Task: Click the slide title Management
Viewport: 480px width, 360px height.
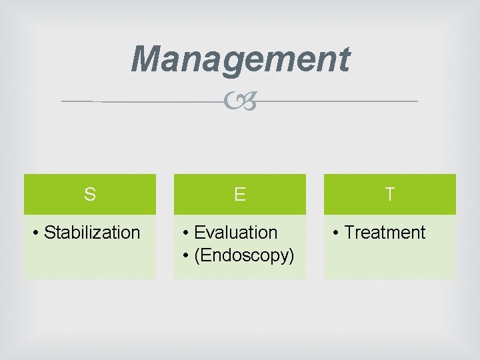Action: click(240, 59)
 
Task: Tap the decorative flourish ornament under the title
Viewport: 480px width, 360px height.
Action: click(240, 102)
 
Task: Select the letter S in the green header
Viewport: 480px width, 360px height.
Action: click(90, 195)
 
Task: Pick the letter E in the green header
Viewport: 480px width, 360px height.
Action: click(240, 195)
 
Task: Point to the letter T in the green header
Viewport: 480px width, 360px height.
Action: click(390, 195)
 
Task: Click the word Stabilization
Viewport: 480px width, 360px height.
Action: click(92, 233)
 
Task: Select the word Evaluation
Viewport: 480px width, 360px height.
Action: click(235, 233)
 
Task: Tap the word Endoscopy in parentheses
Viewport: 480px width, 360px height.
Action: click(243, 255)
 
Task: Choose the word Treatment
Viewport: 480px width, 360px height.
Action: click(385, 233)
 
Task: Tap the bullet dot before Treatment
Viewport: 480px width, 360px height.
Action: click(336, 233)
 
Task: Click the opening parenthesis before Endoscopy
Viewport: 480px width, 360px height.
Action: click(196, 255)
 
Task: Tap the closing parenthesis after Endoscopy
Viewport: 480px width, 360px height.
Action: click(291, 255)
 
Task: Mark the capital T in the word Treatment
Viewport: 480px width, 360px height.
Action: click(349, 233)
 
